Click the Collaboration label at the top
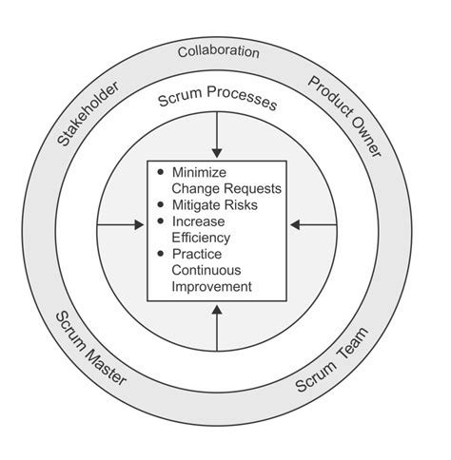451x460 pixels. (x=218, y=51)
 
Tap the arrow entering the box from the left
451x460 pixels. (x=121, y=225)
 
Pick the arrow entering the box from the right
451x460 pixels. (x=313, y=225)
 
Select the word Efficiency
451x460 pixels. (x=202, y=238)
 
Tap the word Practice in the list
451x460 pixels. (x=197, y=254)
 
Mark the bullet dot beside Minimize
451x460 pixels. (x=161, y=173)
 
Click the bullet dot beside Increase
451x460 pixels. (x=161, y=221)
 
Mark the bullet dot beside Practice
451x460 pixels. (x=161, y=254)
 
